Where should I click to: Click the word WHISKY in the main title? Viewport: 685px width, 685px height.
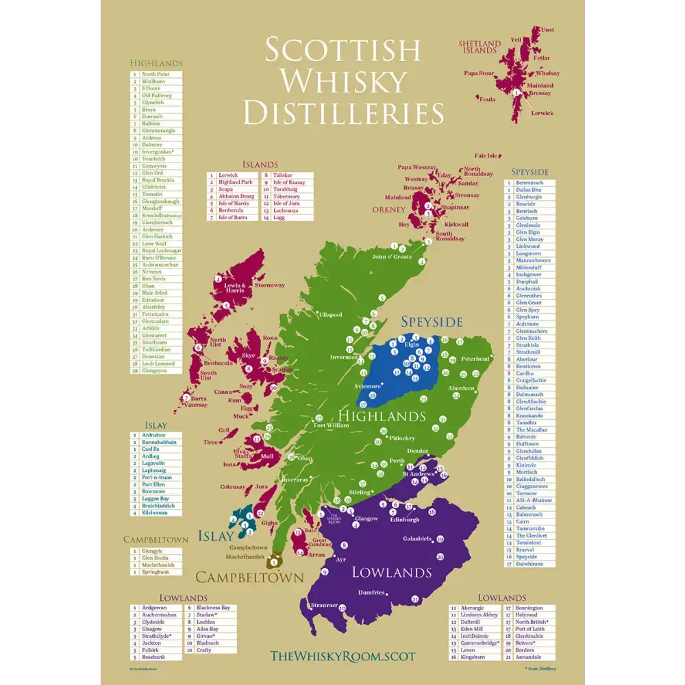343,81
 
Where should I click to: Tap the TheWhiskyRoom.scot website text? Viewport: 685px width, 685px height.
342,656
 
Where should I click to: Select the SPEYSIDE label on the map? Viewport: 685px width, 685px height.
432,321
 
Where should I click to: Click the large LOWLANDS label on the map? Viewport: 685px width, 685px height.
391,572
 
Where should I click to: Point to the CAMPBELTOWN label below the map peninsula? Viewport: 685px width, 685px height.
249,577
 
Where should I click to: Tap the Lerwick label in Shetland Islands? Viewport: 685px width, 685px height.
542,113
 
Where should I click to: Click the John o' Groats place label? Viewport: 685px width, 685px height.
392,257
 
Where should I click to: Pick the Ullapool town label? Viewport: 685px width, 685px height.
330,315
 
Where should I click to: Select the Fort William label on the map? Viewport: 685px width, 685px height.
331,425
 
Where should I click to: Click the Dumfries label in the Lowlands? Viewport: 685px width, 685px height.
371,592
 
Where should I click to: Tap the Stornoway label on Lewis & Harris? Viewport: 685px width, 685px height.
269,285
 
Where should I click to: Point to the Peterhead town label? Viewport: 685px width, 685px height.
475,359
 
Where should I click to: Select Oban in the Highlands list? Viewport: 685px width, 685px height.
149,286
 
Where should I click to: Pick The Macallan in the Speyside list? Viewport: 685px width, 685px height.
532,429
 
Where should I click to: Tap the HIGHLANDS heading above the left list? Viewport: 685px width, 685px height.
157,63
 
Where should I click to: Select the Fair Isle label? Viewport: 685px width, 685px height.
486,155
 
